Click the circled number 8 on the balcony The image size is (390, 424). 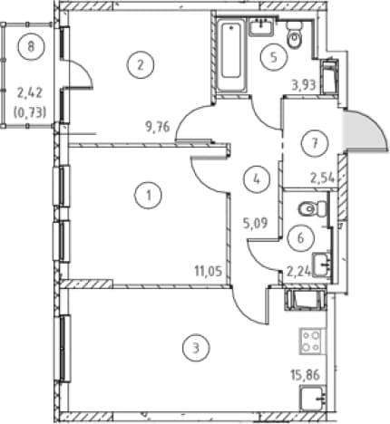click(31, 47)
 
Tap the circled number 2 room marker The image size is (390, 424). click(140, 65)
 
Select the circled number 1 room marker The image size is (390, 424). click(148, 196)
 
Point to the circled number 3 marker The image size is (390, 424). click(196, 348)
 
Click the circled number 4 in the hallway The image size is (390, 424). click(257, 179)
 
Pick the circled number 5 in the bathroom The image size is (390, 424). click(274, 57)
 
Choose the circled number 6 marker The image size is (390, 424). click(300, 237)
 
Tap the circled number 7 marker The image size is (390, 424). click(315, 143)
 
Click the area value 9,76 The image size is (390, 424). click(158, 127)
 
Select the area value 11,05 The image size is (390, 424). click(209, 271)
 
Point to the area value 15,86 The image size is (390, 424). click(306, 375)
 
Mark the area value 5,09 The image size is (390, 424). click(256, 224)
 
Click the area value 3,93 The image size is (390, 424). click(304, 85)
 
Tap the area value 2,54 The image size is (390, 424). click(323, 178)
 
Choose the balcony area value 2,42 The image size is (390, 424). click(30, 93)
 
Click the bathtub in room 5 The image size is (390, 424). click(231, 55)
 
